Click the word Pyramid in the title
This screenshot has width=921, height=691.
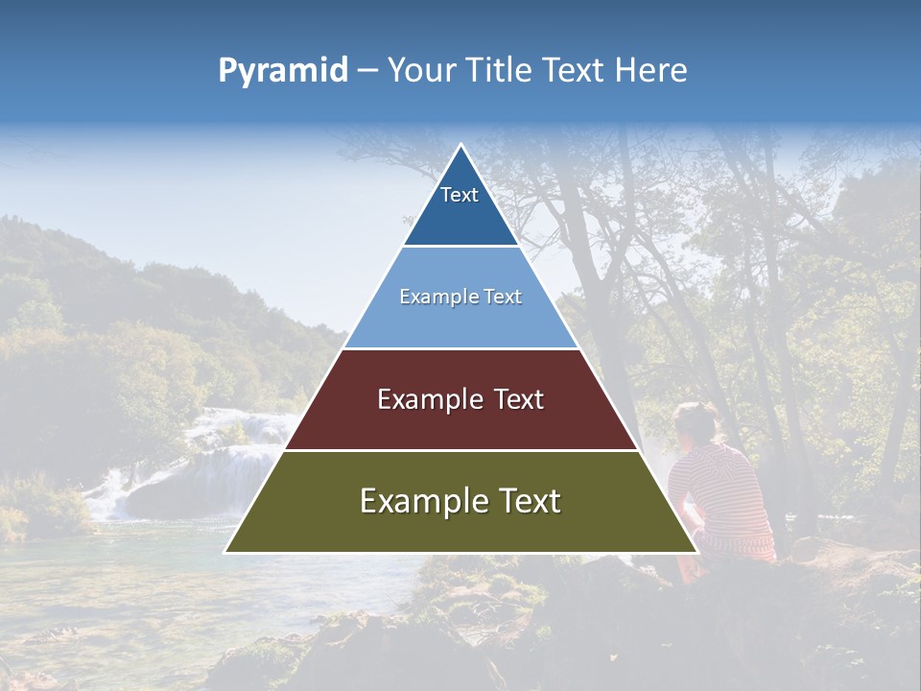[x=283, y=71]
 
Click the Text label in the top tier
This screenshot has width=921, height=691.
[x=460, y=195]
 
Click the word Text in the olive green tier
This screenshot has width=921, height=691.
[x=527, y=501]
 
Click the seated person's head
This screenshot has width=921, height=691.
[x=694, y=423]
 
